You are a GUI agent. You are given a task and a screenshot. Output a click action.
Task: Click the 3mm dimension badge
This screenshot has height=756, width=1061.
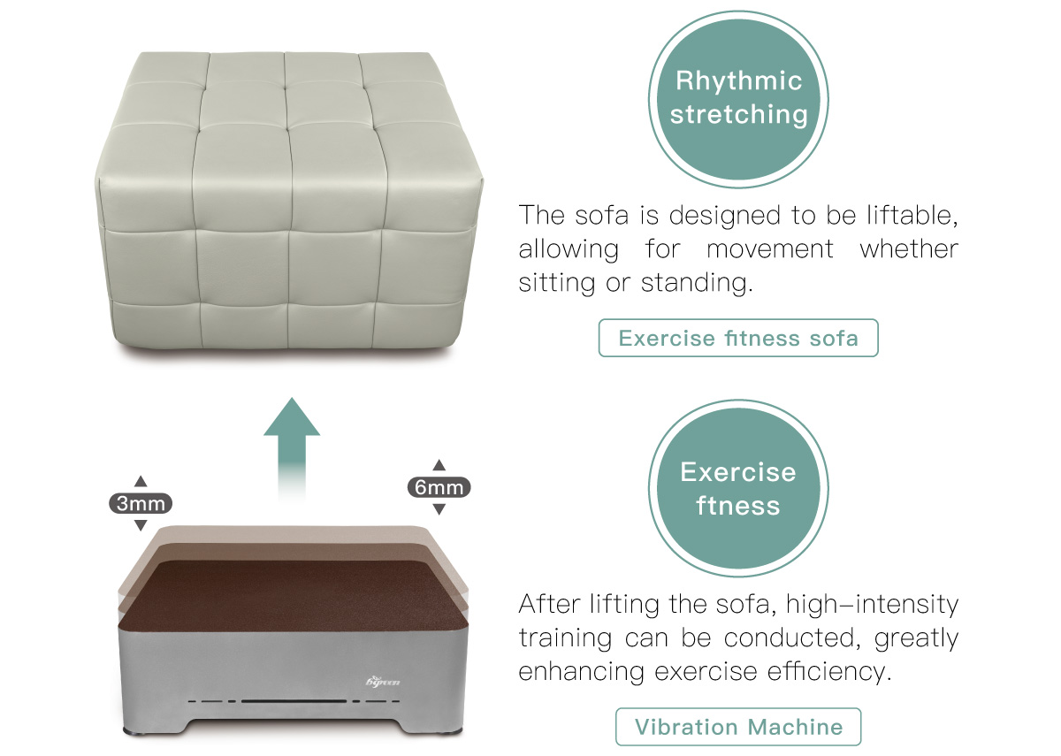141,503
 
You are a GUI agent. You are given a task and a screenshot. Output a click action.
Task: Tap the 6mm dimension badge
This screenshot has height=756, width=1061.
439,487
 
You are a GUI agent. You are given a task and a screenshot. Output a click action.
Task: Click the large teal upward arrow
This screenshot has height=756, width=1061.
292,447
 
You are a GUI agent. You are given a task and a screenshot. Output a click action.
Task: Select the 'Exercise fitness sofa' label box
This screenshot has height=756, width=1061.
738,338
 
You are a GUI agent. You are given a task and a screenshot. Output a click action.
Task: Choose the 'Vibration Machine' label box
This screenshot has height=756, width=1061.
738,727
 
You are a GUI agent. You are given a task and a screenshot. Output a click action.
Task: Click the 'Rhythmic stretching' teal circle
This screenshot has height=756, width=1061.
738,99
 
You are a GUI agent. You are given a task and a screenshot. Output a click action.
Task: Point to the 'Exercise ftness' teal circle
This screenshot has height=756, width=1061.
738,489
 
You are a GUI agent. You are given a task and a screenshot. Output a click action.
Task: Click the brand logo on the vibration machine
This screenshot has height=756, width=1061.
383,681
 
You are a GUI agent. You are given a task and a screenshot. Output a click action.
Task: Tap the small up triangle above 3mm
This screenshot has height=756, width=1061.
141,481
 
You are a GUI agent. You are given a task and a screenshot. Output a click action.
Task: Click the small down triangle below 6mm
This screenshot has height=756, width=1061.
439,509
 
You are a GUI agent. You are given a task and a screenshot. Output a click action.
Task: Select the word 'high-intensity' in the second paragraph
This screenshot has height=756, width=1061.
872,604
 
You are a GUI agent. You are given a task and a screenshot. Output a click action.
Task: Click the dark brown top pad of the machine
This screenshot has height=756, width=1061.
294,596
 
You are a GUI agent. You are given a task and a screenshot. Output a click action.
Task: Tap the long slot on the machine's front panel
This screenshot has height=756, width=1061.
294,701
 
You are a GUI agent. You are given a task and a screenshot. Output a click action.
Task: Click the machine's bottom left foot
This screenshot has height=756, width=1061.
134,732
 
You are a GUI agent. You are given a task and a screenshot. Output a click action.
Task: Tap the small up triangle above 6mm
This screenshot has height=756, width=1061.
439,465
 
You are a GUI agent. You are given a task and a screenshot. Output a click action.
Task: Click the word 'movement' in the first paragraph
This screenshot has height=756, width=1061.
770,249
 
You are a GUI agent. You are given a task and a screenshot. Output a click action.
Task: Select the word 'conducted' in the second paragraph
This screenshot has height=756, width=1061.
792,638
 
